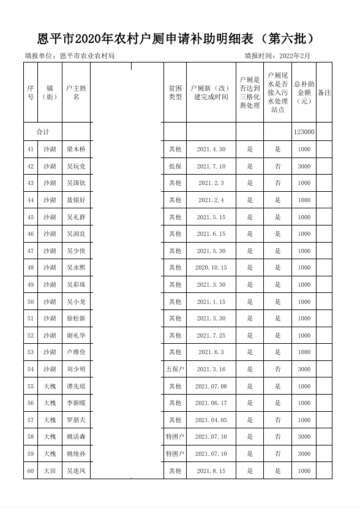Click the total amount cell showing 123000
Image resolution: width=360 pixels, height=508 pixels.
[x=304, y=132]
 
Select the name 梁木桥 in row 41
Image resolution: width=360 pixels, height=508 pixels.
[x=77, y=150]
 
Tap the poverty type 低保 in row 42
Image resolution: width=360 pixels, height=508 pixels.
[x=175, y=167]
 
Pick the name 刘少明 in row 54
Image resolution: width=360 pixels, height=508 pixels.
[x=77, y=370]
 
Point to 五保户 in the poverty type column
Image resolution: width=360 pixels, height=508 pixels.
[x=175, y=370]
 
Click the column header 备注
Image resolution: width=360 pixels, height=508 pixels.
[x=324, y=93]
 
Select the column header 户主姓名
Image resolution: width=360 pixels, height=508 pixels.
[x=77, y=93]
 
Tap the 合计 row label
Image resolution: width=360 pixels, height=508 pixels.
[x=43, y=132]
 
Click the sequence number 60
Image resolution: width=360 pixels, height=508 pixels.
[x=31, y=471]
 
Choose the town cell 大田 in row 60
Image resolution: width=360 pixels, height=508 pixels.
[x=50, y=471]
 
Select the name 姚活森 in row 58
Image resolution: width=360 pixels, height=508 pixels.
[x=77, y=437]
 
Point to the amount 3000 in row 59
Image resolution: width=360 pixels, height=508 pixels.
[x=304, y=454]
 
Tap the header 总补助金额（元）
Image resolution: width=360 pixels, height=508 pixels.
[x=304, y=93]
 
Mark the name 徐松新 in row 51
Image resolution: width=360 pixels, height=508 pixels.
[x=77, y=319]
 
